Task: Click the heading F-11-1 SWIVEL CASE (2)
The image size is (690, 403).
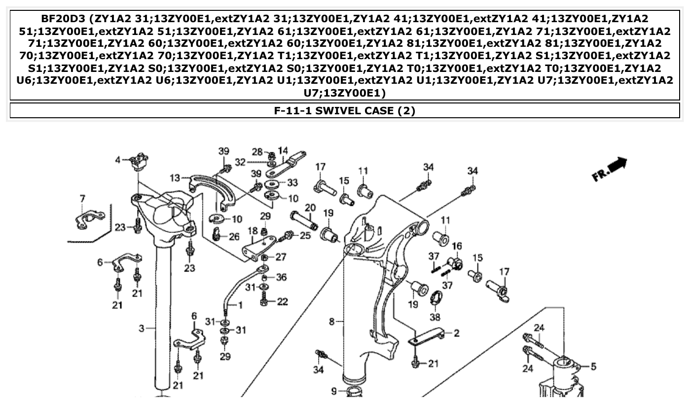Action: (345, 110)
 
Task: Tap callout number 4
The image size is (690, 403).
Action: (118, 160)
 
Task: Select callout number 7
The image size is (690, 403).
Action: (82, 199)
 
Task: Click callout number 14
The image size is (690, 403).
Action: (283, 150)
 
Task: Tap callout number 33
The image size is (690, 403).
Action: (292, 183)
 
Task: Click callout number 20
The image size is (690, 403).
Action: (310, 208)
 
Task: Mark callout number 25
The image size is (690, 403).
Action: (305, 236)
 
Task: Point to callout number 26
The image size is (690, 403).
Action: (234, 237)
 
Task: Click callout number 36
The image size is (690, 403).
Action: (281, 277)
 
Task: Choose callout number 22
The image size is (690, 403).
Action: (282, 302)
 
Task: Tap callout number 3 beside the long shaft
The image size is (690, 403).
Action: (141, 328)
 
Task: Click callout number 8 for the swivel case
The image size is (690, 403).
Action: (332, 322)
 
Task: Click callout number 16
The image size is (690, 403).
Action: (457, 246)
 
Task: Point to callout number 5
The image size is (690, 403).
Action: (593, 367)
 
